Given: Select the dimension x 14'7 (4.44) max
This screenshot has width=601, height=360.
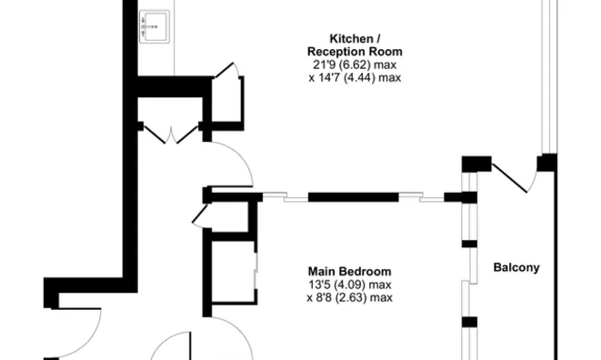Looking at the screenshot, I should tap(355, 78).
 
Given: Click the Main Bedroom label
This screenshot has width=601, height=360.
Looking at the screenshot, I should tap(349, 271).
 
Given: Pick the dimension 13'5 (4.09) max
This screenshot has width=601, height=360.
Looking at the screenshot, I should tap(349, 284).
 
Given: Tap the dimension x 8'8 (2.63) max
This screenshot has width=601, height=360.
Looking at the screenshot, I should tap(349, 296).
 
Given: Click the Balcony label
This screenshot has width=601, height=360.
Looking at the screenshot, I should tap(516, 267).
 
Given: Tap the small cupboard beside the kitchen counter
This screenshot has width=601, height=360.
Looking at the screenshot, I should tap(227, 95).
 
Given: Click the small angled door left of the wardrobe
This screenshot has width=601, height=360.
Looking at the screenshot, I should tap(200, 215).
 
